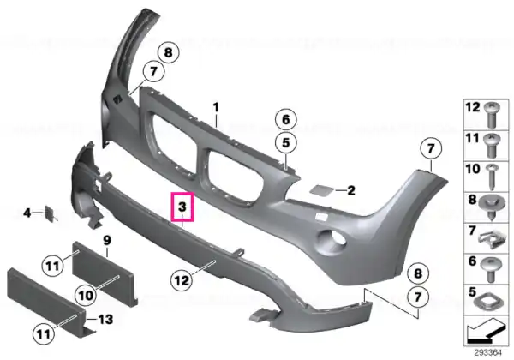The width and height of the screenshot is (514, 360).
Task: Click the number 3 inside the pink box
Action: (x=182, y=207)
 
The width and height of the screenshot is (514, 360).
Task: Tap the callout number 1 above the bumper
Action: (x=216, y=107)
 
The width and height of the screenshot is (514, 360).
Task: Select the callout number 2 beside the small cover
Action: (x=351, y=190)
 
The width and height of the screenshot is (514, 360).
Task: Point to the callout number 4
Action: (x=27, y=213)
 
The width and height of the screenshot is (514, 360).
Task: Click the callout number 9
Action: (x=107, y=241)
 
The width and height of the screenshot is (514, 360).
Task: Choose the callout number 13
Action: (x=105, y=320)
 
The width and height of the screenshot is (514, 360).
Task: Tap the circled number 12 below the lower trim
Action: (x=182, y=280)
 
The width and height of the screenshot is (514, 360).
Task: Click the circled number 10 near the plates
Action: (x=86, y=296)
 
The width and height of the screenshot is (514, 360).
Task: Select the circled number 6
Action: (x=286, y=119)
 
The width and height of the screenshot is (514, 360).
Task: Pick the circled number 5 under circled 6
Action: (x=286, y=143)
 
